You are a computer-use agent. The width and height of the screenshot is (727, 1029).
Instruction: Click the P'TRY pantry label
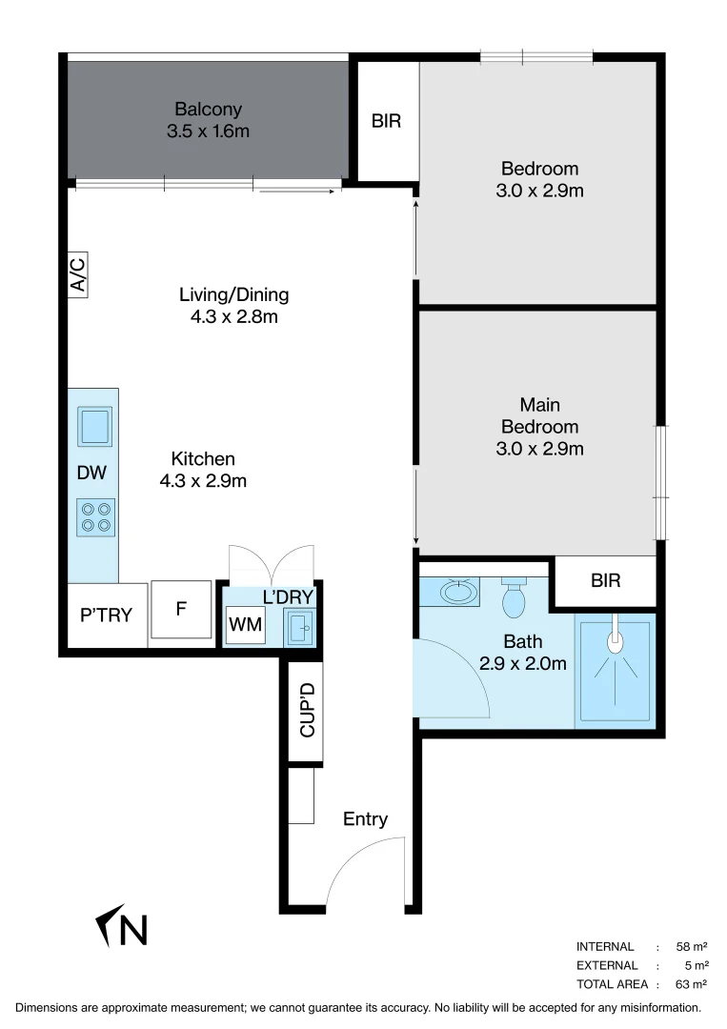(x=106, y=615)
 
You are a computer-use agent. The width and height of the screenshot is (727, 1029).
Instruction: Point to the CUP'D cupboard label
(x=307, y=710)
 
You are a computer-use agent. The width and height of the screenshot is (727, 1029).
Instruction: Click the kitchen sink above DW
(x=95, y=426)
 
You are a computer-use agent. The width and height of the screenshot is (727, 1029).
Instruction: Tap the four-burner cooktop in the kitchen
(x=95, y=516)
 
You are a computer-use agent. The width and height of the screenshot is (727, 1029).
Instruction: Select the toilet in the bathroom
(x=514, y=598)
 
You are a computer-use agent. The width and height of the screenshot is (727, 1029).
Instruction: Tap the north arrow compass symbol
(x=123, y=926)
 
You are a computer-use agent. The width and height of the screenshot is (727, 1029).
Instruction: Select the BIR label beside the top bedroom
(x=386, y=121)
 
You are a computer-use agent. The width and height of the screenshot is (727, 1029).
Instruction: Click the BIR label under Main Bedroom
(x=605, y=579)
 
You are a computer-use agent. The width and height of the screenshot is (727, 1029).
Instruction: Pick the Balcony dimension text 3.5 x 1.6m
(x=208, y=131)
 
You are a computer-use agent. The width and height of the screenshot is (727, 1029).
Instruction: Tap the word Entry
(x=366, y=818)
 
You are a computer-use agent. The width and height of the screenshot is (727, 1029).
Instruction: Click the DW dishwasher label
(x=92, y=472)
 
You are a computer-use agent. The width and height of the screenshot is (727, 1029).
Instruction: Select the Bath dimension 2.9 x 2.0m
(x=523, y=662)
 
